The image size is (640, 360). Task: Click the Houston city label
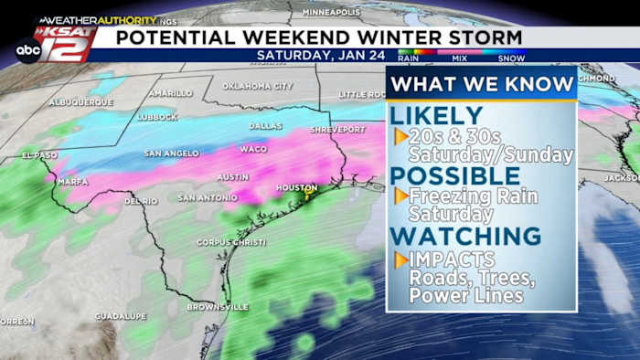tap(297, 187)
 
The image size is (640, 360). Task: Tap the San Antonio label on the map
tap(208, 197)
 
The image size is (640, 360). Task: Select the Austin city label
tap(233, 176)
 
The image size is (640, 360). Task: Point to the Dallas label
tap(265, 125)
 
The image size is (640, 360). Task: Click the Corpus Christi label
tap(231, 242)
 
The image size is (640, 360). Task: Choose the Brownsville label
tap(218, 307)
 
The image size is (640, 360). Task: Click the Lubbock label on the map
tap(159, 117)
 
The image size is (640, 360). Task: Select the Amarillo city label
tap(171, 92)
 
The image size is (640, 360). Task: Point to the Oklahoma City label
tap(258, 86)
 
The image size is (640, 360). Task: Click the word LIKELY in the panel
tap(436, 116)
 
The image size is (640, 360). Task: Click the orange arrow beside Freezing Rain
tap(400, 196)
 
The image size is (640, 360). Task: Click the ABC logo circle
tap(28, 51)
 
